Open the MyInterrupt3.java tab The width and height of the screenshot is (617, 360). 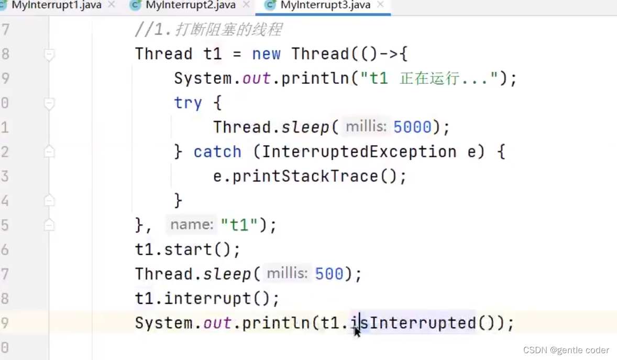coord(325,5)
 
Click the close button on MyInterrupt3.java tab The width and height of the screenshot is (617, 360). coord(380,5)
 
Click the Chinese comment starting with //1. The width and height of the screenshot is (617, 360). coord(208,30)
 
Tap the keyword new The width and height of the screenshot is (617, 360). coord(266,54)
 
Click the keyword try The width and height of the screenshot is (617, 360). coord(188,103)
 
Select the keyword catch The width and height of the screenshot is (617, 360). coord(217,152)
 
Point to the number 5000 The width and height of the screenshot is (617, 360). coord(412,127)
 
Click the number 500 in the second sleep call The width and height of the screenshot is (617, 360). coord(329,274)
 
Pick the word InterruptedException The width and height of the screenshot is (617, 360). coord(359,152)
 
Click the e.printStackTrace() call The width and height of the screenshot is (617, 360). coord(310,176)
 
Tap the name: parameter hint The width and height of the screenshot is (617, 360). coord(192,225)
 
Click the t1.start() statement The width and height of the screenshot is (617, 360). coord(188,249)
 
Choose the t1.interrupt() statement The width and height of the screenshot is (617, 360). coord(207,299)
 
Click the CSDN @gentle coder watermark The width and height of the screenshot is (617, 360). coord(566,350)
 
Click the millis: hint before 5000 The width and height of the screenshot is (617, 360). coord(366,127)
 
